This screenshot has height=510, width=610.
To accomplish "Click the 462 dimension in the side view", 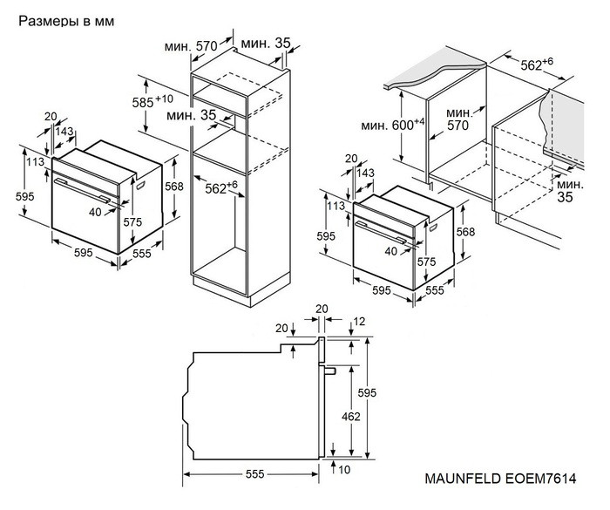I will (x=350, y=417).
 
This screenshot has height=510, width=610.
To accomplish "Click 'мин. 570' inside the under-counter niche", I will (x=460, y=120).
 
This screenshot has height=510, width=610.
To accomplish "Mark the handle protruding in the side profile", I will (x=330, y=370).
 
